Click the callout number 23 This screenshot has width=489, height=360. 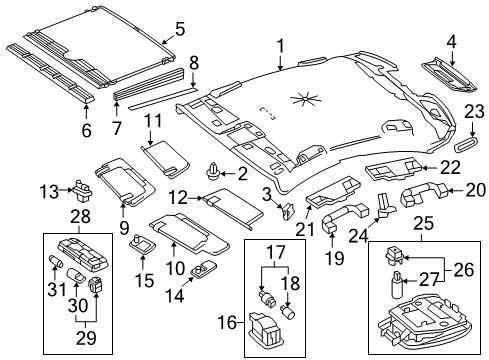pyautogui.click(x=474, y=112)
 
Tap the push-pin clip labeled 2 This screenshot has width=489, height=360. pyautogui.click(x=211, y=171)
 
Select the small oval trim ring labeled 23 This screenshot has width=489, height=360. pyautogui.click(x=467, y=144)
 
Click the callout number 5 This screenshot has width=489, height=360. pyautogui.click(x=180, y=29)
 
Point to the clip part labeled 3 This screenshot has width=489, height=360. pyautogui.click(x=287, y=211)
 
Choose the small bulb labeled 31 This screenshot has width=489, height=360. pyautogui.click(x=56, y=260)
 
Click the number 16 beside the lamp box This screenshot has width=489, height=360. pyautogui.click(x=228, y=323)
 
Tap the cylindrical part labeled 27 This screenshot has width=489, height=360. pyautogui.click(x=397, y=284)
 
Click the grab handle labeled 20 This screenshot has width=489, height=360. pyautogui.click(x=424, y=193)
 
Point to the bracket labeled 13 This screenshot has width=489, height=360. pyautogui.click(x=82, y=192)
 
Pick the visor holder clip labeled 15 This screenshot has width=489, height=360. pyautogui.click(x=142, y=245)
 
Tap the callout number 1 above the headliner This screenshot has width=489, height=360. pyautogui.click(x=281, y=47)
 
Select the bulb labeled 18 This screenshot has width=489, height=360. pyautogui.click(x=286, y=310)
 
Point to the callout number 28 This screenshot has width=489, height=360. pyautogui.click(x=80, y=217)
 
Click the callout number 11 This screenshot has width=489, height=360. pyautogui.click(x=153, y=121)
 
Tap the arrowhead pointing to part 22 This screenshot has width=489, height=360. pyautogui.click(x=426, y=168)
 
